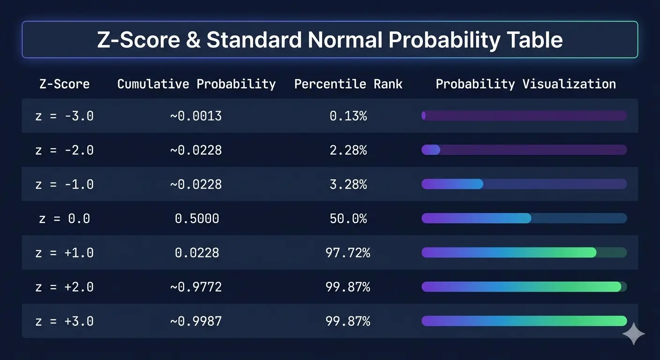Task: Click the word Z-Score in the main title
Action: (x=138, y=40)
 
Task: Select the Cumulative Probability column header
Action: (x=196, y=84)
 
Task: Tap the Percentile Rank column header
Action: (x=348, y=84)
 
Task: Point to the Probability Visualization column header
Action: (x=525, y=84)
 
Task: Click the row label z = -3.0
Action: (x=65, y=116)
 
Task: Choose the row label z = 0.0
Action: (x=65, y=218)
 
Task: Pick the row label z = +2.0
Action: (x=65, y=287)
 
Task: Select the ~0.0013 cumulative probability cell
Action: (x=196, y=116)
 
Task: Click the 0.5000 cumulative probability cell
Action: (x=197, y=218)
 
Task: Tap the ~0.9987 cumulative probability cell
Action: (x=196, y=321)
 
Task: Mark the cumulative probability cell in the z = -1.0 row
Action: (x=196, y=184)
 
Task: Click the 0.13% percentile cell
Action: (x=348, y=116)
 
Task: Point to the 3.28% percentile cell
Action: (x=348, y=184)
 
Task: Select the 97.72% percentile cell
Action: (x=348, y=253)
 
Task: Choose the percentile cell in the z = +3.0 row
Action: (x=348, y=321)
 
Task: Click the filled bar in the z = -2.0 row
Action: (x=431, y=150)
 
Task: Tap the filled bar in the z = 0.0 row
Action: (x=476, y=218)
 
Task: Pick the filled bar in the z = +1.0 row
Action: (x=509, y=253)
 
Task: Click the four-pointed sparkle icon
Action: (x=634, y=334)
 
